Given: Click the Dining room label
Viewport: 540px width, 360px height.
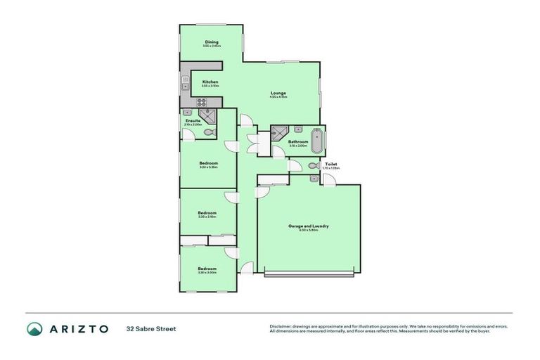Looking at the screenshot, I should [212, 41].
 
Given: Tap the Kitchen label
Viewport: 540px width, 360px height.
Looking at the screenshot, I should [210, 82].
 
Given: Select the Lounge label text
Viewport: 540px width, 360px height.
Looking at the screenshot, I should [279, 93].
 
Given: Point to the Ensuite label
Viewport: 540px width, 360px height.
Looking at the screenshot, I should [193, 120].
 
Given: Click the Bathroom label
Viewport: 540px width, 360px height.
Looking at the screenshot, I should [298, 141].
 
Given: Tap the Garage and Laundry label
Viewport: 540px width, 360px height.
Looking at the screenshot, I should [309, 226].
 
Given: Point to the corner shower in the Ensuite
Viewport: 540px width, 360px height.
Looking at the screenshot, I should [207, 115].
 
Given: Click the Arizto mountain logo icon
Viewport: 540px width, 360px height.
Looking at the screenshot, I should [34, 328].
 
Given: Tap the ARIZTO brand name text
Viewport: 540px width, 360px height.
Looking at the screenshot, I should [77, 328].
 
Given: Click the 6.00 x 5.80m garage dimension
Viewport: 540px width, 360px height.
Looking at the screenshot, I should [309, 230].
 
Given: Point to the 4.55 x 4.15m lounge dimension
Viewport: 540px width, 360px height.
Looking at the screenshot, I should [279, 97].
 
